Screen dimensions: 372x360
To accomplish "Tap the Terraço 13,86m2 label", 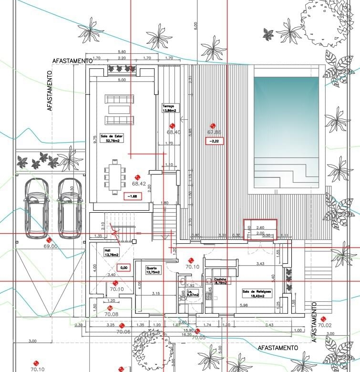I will [169, 108].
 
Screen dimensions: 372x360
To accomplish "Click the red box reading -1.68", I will [131, 196].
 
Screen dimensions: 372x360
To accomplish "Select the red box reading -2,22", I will [214, 141].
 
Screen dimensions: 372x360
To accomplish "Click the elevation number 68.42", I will [139, 183].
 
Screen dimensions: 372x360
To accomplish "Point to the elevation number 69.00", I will [51, 246].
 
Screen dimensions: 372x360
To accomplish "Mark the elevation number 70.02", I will [324, 325].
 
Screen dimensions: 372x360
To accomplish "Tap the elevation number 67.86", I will [214, 132].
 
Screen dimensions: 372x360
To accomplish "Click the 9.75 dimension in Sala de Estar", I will [95, 139].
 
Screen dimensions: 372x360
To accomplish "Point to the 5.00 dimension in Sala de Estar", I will [122, 80].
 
